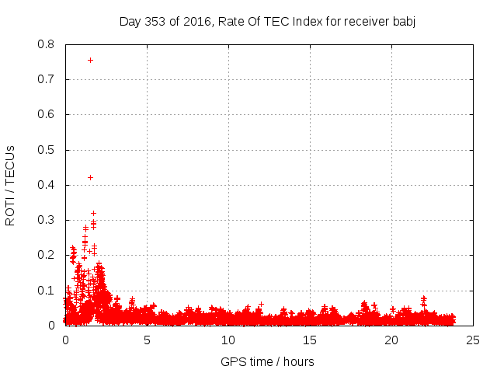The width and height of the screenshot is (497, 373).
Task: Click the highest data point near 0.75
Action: pos(90,60)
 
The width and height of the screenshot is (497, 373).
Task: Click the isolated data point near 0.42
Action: pos(90,177)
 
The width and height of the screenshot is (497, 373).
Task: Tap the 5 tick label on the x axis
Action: pos(147,340)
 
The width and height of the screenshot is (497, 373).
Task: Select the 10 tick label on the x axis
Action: pos(228,340)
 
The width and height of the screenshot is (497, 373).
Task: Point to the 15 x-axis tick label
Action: pos(310,340)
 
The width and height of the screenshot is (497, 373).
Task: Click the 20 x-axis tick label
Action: pos(391,340)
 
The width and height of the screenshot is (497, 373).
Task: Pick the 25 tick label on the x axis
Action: pos(473,340)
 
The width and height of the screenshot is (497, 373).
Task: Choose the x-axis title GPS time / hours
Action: pos(267,361)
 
